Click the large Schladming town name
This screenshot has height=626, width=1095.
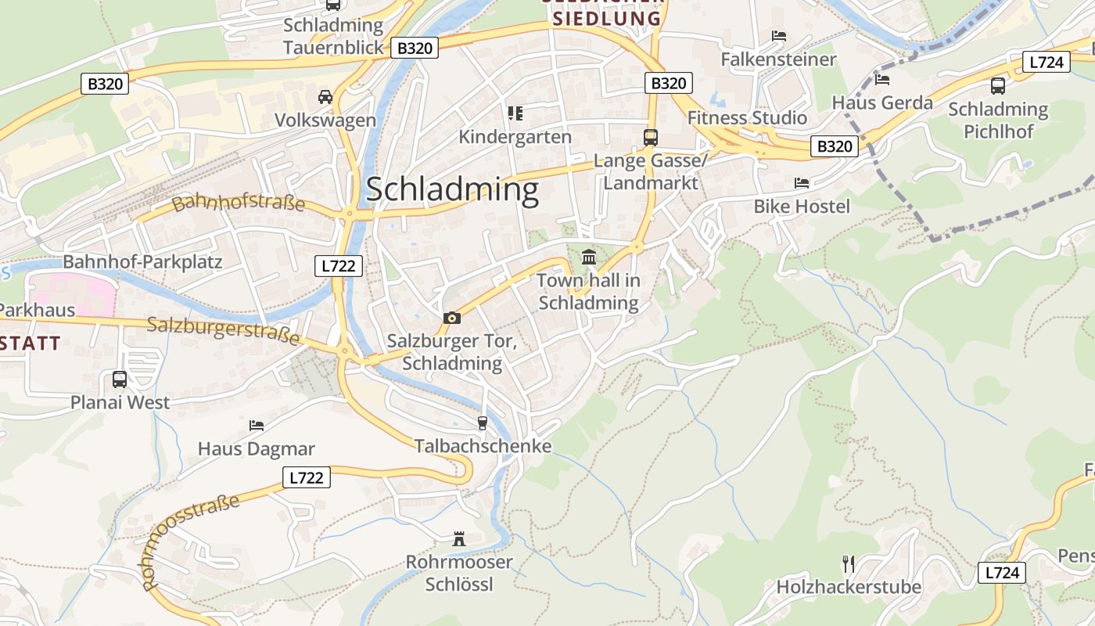452,190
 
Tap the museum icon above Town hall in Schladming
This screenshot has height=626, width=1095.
588,257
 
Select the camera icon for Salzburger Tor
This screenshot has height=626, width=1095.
451,318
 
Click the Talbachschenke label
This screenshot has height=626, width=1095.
483,446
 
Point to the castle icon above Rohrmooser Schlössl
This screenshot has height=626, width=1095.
459,538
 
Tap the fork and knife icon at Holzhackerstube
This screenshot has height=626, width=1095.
848,563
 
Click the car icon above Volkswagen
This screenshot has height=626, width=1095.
325,97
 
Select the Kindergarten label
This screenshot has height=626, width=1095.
515,137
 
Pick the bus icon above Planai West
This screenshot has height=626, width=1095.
120,380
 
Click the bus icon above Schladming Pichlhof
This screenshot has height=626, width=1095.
998,86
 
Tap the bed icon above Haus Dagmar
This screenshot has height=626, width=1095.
256,426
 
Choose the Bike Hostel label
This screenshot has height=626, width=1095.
801,207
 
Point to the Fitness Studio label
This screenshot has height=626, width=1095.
747,118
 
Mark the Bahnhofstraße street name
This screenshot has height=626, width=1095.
239,203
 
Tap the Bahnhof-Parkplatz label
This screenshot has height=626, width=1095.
142,262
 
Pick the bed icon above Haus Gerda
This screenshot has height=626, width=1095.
882,79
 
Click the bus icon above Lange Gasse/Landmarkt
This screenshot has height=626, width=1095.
650,137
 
